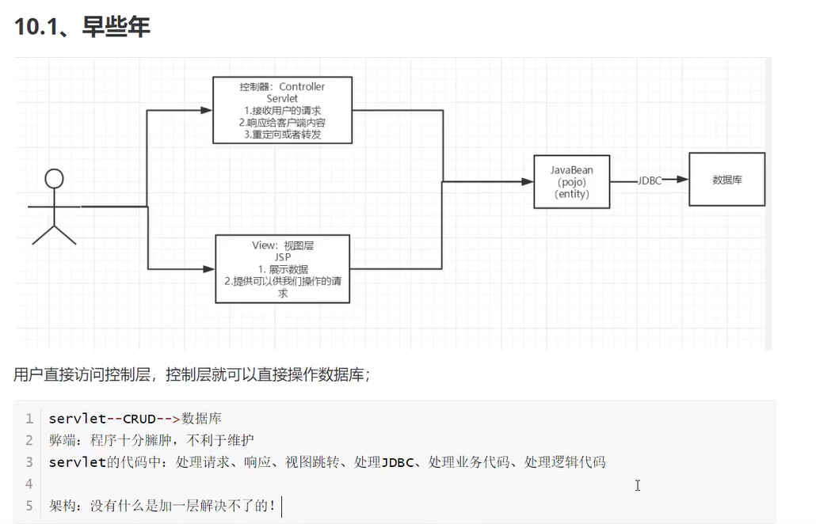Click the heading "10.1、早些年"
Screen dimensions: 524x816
pyautogui.click(x=82, y=26)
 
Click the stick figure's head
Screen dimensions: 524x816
pyautogui.click(x=54, y=178)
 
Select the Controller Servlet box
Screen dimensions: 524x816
pyautogui.click(x=282, y=110)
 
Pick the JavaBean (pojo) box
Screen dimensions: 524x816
pyautogui.click(x=571, y=181)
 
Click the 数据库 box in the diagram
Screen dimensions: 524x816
pyautogui.click(x=726, y=180)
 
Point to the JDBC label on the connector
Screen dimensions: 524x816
pyautogui.click(x=650, y=180)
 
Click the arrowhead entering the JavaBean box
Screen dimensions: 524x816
pyautogui.click(x=528, y=181)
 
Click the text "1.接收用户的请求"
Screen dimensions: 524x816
pyautogui.click(x=282, y=110)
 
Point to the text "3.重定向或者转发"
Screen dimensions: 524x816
pyautogui.click(x=282, y=135)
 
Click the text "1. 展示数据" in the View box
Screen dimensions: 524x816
pyautogui.click(x=282, y=269)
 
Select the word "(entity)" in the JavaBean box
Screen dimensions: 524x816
pyautogui.click(x=571, y=194)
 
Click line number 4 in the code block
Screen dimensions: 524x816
pyautogui.click(x=29, y=483)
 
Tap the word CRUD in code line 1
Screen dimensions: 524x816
pyautogui.click(x=139, y=419)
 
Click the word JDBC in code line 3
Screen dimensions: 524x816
pyautogui.click(x=398, y=461)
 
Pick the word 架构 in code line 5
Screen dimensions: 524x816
pyautogui.click(x=63, y=505)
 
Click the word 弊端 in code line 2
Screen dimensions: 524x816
pyautogui.click(x=63, y=440)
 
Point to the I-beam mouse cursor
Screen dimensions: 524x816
pyautogui.click(x=637, y=484)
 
